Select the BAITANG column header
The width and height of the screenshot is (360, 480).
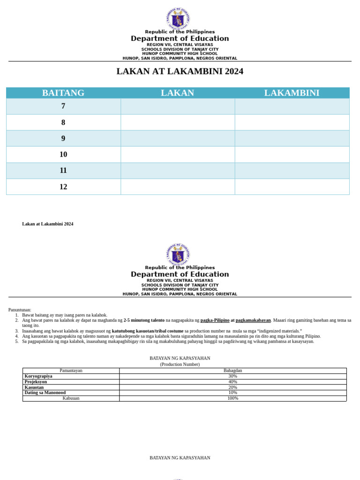63,93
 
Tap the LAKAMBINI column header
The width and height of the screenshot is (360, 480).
292,93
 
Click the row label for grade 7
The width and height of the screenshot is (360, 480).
63,106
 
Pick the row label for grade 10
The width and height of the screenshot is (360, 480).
63,155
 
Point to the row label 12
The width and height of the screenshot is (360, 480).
63,187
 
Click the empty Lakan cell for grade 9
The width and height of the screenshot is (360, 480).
178,138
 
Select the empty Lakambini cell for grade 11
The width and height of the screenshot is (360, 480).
292,171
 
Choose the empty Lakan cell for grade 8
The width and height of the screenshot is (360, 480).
178,122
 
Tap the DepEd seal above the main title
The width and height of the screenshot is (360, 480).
178,19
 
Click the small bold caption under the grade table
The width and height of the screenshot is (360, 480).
47,224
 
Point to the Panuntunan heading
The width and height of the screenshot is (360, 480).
20,310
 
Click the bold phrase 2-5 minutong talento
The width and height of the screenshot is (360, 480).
144,321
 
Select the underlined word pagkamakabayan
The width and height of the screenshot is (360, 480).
253,321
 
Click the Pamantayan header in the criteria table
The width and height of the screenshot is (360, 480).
71,371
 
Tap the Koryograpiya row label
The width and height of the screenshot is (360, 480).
38,376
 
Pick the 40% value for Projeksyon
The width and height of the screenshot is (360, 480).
232,382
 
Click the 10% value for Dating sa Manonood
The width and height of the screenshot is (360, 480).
232,393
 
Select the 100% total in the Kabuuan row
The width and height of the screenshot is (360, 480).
232,398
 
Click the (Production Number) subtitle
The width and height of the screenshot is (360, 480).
180,364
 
